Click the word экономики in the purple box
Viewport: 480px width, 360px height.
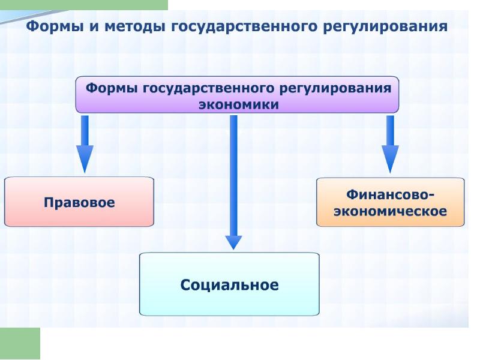click(x=238, y=104)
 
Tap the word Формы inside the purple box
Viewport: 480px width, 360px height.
click(x=112, y=88)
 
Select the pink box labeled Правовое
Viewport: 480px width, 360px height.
click(x=79, y=201)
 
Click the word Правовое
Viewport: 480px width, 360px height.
click(x=79, y=202)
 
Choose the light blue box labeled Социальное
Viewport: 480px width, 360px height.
click(x=229, y=284)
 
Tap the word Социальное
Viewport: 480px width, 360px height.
click(x=229, y=285)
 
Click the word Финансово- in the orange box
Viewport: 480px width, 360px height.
click(x=391, y=194)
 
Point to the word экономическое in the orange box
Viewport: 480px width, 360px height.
click(x=391, y=211)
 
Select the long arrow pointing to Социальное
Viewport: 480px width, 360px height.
click(x=233, y=180)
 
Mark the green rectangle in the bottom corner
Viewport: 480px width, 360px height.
click(x=20, y=343)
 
